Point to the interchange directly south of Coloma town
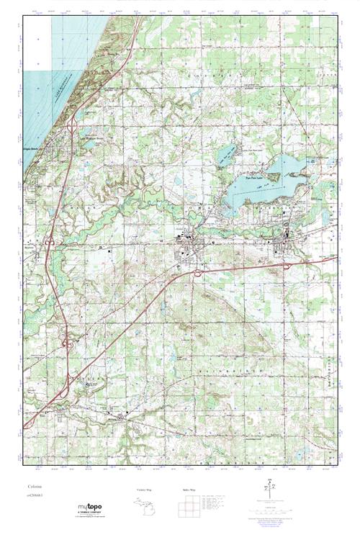click(197, 272)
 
